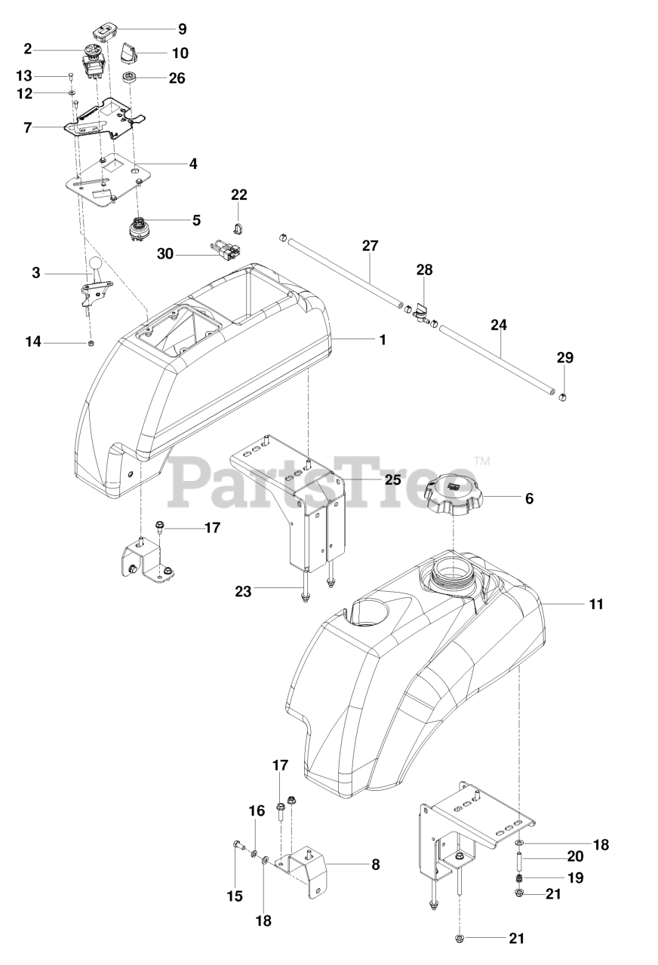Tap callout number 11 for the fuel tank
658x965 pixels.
[x=597, y=604]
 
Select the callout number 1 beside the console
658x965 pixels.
[x=383, y=340]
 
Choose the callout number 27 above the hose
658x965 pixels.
[x=370, y=246]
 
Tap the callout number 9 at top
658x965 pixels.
[x=182, y=29]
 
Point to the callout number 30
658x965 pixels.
[x=165, y=254]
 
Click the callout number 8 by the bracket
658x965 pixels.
[x=375, y=864]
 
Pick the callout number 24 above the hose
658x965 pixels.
[x=499, y=326]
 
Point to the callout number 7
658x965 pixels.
[x=28, y=127]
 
